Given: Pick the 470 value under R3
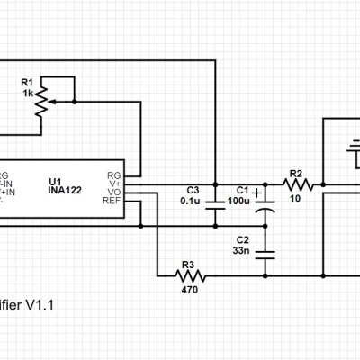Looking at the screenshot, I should (188, 290).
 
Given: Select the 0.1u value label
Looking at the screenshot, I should (189, 201).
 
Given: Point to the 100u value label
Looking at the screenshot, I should (238, 201).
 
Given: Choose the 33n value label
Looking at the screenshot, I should (241, 250).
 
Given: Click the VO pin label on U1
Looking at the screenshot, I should (113, 191).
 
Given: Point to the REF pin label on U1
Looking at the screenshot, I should (112, 200).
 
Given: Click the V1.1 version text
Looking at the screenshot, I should (40, 305).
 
